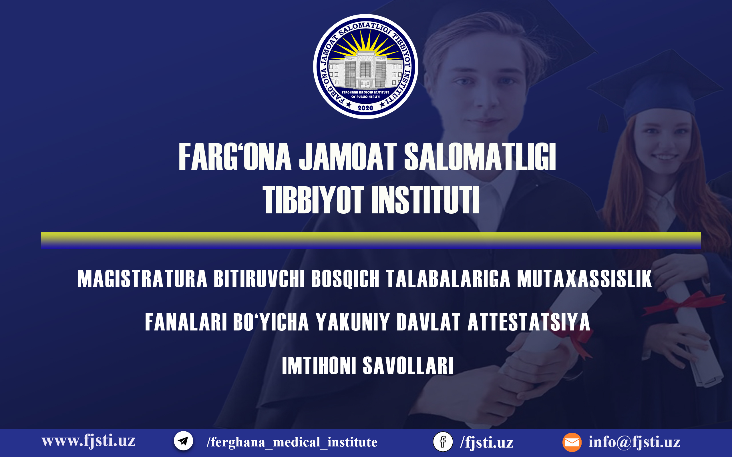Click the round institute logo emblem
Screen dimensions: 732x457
[366, 67]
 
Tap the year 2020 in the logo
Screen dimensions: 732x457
[365, 108]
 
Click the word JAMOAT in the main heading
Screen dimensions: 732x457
[347, 157]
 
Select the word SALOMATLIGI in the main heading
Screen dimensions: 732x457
[480, 157]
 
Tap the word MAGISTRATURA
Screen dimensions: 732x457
[142, 279]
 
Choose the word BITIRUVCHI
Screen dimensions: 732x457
[259, 279]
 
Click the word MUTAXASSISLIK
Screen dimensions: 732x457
[584, 279]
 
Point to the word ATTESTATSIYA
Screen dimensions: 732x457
[529, 322]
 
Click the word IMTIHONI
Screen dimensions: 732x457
[319, 365]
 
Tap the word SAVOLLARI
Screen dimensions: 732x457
[408, 365]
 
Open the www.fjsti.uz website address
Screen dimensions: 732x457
[88, 441]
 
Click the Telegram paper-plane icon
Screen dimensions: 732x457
[183, 441]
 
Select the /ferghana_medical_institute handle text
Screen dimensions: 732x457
[292, 442]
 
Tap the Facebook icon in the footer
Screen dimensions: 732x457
[443, 442]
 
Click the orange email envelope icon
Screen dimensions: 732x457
[572, 442]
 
